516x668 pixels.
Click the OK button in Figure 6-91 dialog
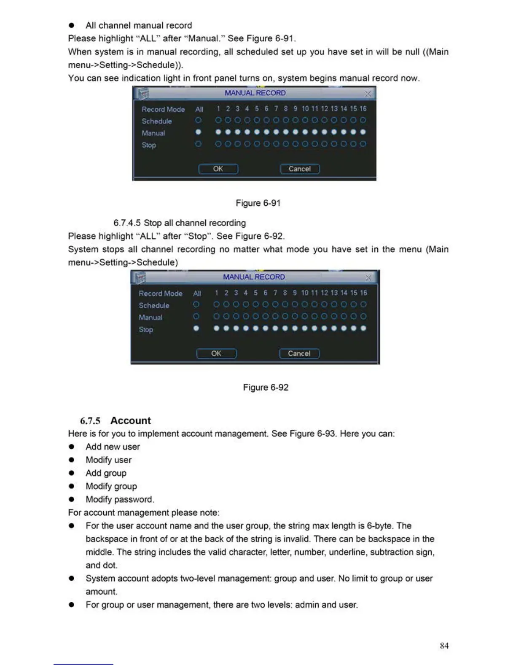(x=218, y=169)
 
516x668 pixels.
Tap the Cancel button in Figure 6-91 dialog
(x=300, y=169)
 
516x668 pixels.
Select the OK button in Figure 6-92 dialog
(x=216, y=353)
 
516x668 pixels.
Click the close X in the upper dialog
(x=368, y=93)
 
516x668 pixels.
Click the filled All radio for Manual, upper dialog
(x=199, y=132)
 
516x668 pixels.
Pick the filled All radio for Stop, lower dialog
(x=196, y=328)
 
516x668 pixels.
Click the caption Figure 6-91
(x=258, y=203)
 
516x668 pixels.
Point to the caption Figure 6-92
(x=266, y=387)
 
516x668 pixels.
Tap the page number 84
(x=444, y=645)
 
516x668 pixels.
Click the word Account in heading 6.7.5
(x=130, y=420)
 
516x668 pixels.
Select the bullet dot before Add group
(x=72, y=473)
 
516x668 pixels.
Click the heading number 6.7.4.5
(x=127, y=223)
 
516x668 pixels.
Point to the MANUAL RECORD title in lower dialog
(x=254, y=277)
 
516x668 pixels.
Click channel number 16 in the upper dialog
(x=363, y=109)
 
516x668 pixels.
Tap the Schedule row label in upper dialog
(x=157, y=121)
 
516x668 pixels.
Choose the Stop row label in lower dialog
(x=146, y=329)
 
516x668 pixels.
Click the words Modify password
(x=120, y=499)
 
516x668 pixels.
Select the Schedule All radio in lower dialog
(x=196, y=304)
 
